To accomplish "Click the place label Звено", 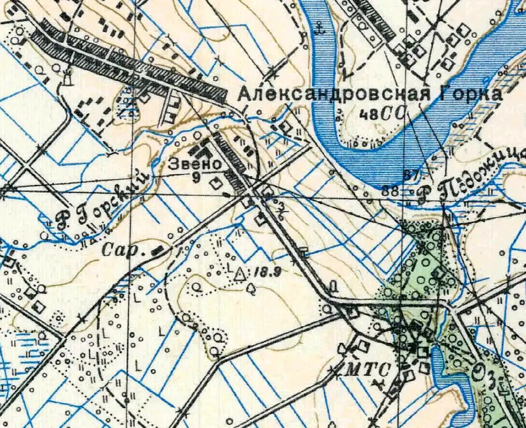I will click(x=187, y=164).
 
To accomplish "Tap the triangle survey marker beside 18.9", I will click(x=239, y=273).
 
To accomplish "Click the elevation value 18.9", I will click(x=260, y=271).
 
